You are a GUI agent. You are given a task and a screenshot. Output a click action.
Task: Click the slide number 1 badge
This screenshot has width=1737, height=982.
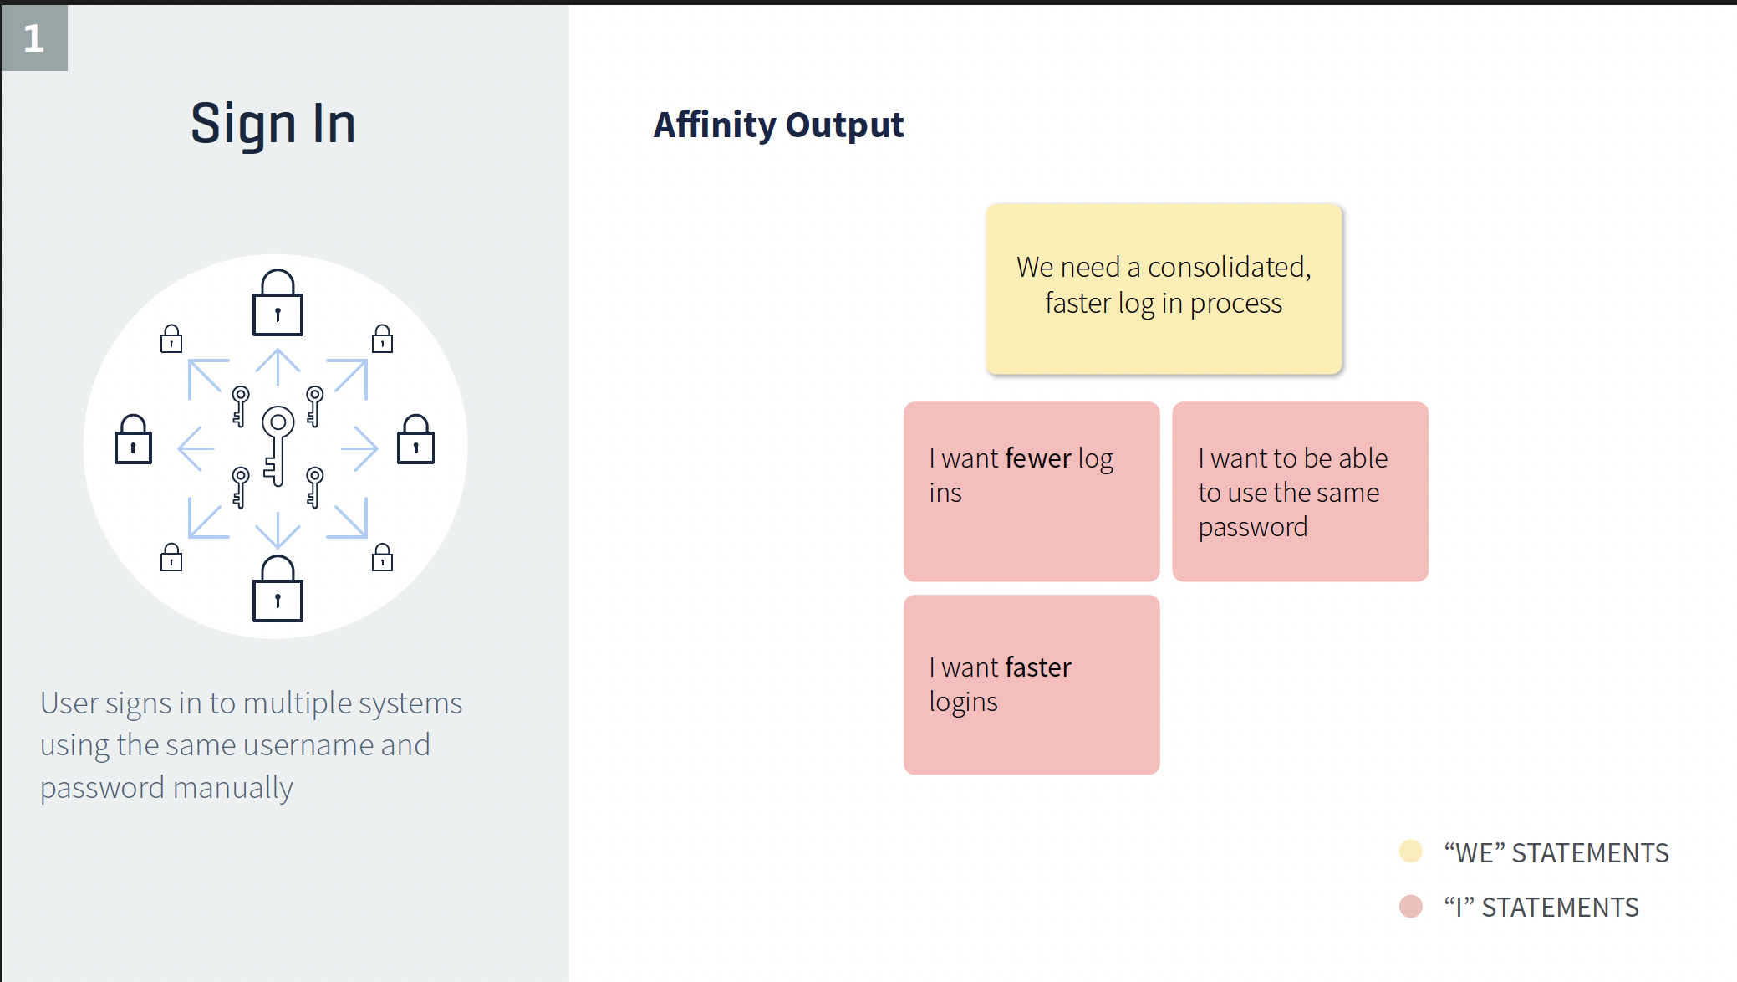click(33, 38)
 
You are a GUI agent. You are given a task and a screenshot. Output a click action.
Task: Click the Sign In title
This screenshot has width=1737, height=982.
click(273, 124)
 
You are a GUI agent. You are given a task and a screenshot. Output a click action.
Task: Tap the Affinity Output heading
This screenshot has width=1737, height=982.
click(778, 125)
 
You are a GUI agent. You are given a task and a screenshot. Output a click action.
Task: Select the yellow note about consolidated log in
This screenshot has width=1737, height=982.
click(1164, 289)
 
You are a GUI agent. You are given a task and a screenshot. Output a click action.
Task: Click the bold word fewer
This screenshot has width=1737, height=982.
click(1038, 458)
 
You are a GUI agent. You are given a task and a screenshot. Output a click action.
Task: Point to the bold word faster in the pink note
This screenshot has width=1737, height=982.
click(1038, 667)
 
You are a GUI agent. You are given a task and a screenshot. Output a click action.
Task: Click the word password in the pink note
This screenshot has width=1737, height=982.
click(1253, 528)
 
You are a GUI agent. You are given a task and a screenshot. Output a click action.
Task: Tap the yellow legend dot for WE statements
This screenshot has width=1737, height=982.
click(1411, 852)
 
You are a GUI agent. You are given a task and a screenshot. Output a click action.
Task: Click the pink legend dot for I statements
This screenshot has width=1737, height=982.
click(1411, 907)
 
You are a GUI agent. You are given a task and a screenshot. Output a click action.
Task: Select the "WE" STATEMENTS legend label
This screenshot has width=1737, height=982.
click(1556, 853)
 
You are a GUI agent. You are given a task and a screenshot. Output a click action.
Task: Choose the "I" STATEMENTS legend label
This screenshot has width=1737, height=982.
click(1541, 908)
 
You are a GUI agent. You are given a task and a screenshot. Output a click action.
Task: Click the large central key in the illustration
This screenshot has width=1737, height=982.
click(278, 446)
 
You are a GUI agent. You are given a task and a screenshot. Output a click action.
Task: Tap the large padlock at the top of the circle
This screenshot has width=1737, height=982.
click(278, 302)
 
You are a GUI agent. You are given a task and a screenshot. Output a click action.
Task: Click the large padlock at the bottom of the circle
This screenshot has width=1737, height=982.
click(278, 589)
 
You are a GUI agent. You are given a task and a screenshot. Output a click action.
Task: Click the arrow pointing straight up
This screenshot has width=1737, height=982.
click(278, 367)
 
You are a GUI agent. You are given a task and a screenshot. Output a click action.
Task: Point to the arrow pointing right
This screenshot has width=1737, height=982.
click(359, 448)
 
